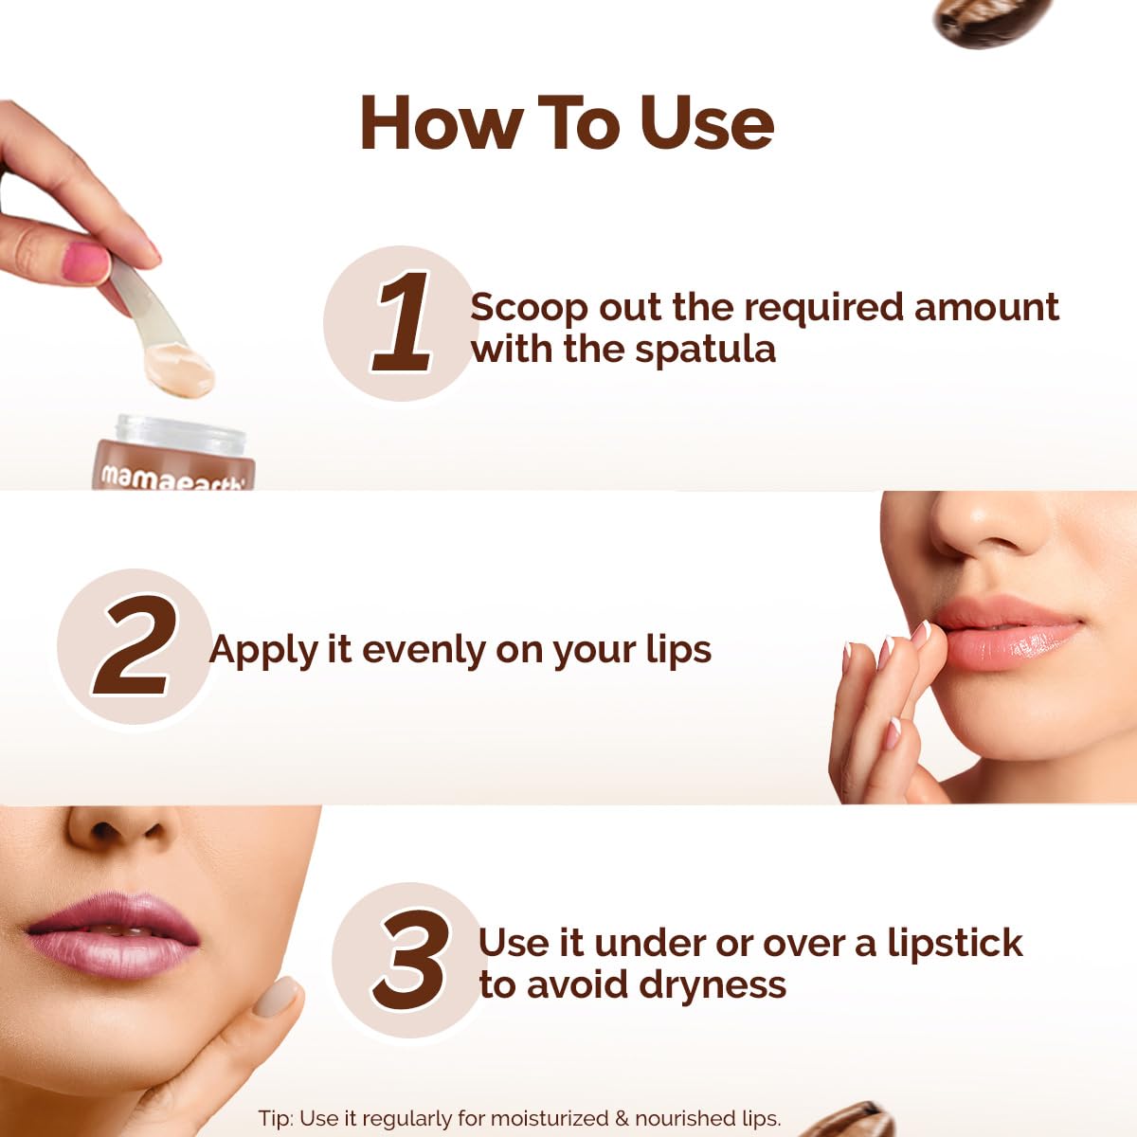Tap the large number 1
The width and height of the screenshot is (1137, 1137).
coord(402,322)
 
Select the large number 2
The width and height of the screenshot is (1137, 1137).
coord(135,648)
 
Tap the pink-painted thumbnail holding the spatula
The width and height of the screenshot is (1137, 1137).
coord(86,262)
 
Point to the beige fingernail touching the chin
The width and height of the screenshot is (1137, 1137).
coord(276,998)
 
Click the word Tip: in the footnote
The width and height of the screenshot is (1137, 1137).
coord(275,1119)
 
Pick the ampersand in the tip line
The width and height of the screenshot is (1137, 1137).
coord(623,1119)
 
